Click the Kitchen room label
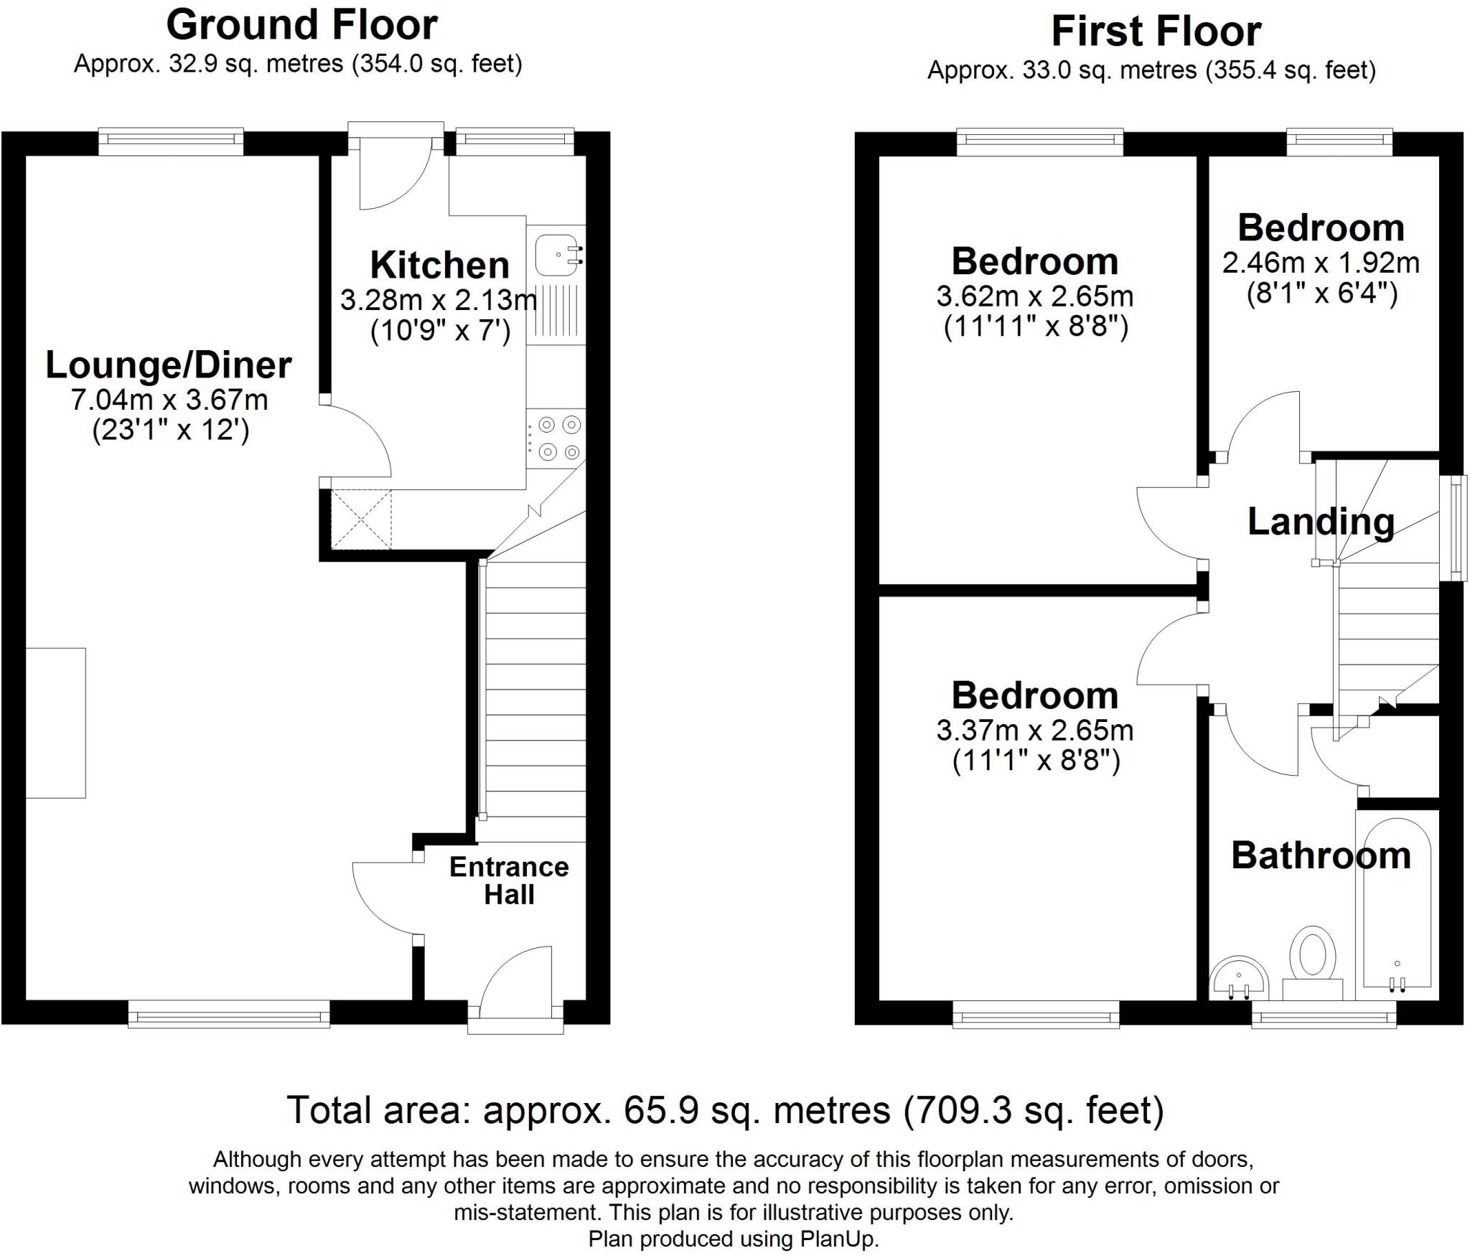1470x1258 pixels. pyautogui.click(x=439, y=265)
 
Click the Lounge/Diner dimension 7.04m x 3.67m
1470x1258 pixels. pyautogui.click(x=169, y=400)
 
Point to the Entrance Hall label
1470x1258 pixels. pyautogui.click(x=509, y=881)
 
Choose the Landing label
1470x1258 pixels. pyautogui.click(x=1321, y=522)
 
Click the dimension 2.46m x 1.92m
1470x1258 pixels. pyautogui.click(x=1321, y=263)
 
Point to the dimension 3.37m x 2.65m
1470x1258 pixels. pyautogui.click(x=1034, y=731)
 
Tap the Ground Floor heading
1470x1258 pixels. pyautogui.click(x=301, y=25)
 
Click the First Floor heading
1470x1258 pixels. pyautogui.click(x=1156, y=32)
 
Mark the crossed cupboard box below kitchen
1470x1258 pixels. pyautogui.click(x=361, y=520)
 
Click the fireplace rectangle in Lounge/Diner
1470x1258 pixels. pyautogui.click(x=56, y=723)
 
